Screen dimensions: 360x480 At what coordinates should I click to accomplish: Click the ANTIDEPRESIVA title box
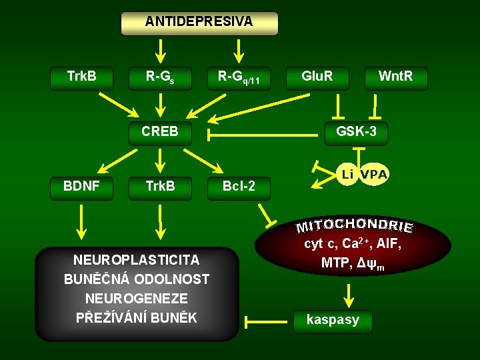coord(199,22)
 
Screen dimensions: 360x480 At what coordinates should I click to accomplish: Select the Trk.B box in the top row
coord(82,77)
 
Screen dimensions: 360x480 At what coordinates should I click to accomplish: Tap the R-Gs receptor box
coord(160,77)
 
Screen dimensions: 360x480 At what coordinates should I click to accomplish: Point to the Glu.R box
coord(317,77)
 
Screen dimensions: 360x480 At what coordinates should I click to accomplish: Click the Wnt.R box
coord(395,77)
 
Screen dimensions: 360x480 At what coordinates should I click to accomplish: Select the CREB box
coord(160,132)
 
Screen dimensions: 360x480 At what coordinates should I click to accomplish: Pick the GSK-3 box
coord(356,132)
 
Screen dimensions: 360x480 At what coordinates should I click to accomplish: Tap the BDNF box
coord(82,187)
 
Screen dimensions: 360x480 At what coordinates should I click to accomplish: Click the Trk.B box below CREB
coord(160,187)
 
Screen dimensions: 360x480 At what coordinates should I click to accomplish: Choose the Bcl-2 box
coord(238,187)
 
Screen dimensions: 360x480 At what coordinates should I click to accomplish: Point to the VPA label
coord(374,175)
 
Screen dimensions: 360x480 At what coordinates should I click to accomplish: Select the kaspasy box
coord(332,320)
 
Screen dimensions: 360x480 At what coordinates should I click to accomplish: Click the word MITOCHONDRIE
coord(355,224)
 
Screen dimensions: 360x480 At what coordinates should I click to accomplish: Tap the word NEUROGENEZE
coord(136,298)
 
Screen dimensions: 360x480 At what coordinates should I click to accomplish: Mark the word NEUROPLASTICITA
coord(137,260)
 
